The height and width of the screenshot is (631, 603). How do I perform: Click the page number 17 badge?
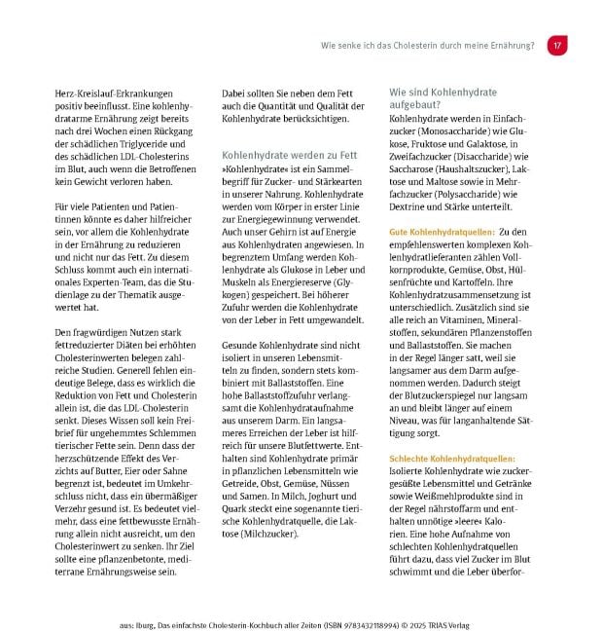tap(557, 46)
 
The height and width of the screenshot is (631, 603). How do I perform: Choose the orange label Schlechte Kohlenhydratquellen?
tap(452, 458)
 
